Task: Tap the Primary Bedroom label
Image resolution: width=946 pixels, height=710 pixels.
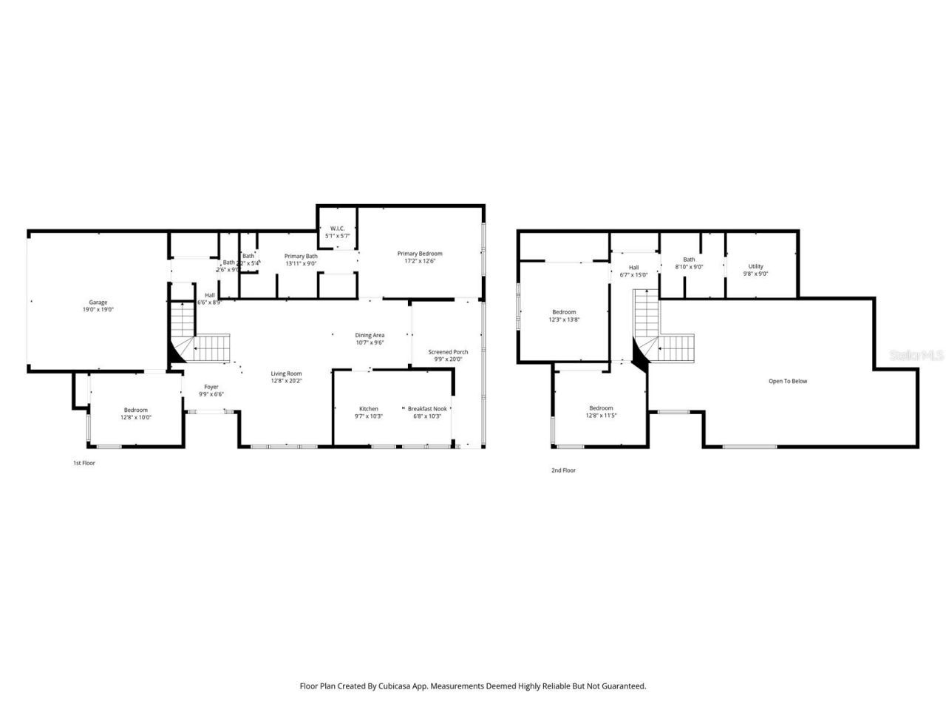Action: point(419,257)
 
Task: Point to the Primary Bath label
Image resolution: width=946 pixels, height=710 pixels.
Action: point(301,260)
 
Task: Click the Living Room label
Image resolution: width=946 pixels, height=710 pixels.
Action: point(286,377)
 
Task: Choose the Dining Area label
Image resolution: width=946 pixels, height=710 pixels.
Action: point(370,339)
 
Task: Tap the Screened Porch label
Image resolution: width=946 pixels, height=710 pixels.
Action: point(448,356)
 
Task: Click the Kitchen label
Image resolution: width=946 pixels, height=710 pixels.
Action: point(369,413)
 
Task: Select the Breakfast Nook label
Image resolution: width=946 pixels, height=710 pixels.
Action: point(427,413)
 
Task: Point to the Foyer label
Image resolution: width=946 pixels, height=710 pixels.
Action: point(211,390)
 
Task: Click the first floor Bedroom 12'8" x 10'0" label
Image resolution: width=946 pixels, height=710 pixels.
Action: point(136,413)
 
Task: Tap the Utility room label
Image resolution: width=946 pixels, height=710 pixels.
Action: point(755,270)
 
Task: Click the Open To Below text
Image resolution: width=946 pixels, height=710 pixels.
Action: point(788,382)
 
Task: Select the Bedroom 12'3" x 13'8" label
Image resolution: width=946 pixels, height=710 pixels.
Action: point(564,316)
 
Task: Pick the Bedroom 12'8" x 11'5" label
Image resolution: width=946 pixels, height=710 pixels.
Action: point(601,412)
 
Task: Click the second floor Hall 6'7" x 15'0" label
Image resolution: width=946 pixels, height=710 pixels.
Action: point(633,271)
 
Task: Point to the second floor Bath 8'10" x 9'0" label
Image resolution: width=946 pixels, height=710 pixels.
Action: point(689,263)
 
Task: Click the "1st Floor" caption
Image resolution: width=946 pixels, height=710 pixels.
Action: point(84,463)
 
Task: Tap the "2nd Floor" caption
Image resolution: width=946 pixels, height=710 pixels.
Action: point(563,470)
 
